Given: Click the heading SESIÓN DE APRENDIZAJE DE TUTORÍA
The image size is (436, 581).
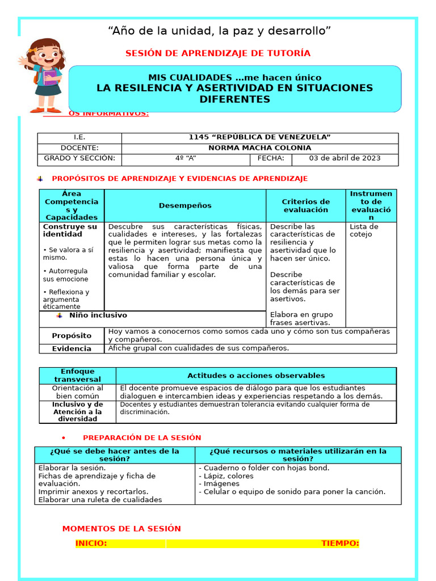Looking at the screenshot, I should click(x=217, y=53).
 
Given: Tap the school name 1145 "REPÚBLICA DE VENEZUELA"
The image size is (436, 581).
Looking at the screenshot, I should click(x=259, y=138).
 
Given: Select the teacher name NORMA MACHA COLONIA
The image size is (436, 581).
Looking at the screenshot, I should click(x=259, y=148).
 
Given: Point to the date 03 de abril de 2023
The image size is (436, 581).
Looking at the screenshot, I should click(x=345, y=158).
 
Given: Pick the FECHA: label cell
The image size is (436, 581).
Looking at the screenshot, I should click(x=271, y=158).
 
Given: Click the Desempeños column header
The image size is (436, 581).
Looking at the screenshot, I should click(x=185, y=205).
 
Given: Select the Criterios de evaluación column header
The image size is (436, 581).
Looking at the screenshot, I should click(x=305, y=205).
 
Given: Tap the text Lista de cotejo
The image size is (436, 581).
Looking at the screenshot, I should click(x=364, y=230).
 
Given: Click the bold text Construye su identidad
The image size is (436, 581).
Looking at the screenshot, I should click(x=70, y=230).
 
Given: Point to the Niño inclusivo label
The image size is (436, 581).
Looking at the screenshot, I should click(x=98, y=315).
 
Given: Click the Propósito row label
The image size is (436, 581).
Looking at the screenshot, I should click(x=72, y=336).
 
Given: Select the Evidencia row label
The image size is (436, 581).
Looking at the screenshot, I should click(x=72, y=348).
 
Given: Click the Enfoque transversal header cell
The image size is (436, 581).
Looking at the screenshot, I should click(x=77, y=375).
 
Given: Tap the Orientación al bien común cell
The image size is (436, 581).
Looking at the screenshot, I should click(x=77, y=392).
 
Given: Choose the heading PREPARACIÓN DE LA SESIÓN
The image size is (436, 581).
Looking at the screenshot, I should click(x=142, y=437).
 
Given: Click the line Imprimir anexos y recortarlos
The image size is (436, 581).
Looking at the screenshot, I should click(x=93, y=492).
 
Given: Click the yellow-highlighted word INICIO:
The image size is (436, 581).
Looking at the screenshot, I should click(x=91, y=544).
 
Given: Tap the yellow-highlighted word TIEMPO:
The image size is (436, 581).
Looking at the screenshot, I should click(x=340, y=544).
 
